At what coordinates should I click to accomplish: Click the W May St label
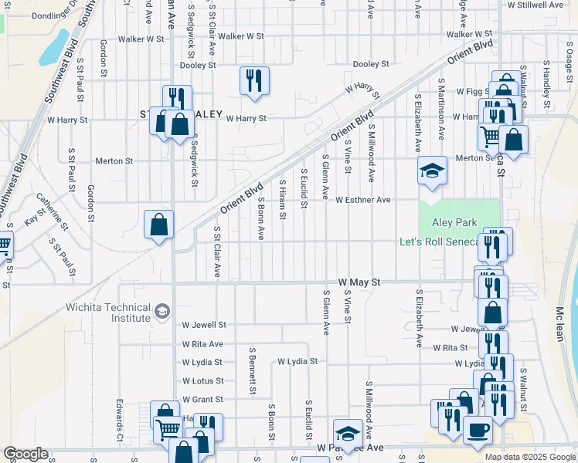360,283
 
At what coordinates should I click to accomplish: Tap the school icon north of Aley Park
432,171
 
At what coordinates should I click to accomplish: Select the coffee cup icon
478,430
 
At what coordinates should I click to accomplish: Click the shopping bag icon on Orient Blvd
158,225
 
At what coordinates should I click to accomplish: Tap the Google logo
25,454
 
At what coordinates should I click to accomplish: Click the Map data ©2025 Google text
531,457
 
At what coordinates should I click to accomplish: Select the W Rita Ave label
202,344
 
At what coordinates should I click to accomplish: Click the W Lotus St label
202,381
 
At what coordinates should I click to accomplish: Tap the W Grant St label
202,400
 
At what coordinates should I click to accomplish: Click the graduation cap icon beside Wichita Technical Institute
161,312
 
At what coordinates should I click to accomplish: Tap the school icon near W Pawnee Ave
348,434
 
